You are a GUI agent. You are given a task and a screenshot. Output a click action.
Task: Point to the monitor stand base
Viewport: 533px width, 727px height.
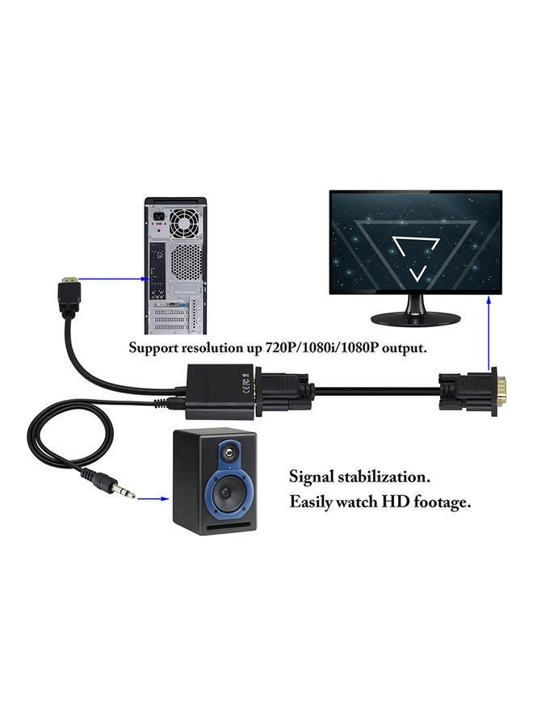click(x=416, y=318)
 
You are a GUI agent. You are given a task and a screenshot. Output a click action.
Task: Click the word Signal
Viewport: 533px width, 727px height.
click(x=309, y=476)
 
